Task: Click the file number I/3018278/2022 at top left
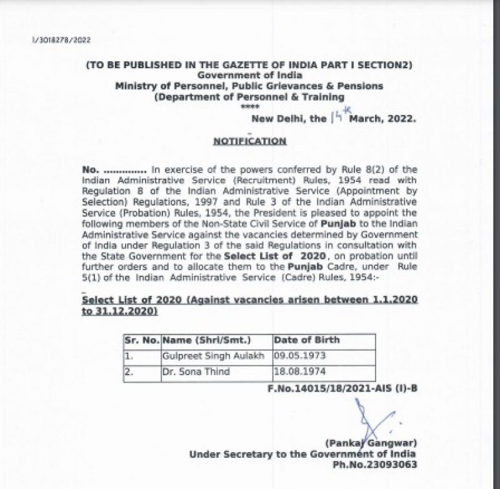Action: [x=61, y=39]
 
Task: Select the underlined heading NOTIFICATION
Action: [x=249, y=141]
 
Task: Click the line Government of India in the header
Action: [x=249, y=76]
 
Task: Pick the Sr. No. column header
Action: [x=141, y=340]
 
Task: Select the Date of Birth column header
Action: [x=307, y=340]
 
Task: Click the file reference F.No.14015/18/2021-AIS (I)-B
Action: [x=342, y=388]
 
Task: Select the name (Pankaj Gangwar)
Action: [x=370, y=443]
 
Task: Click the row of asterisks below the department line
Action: [x=249, y=108]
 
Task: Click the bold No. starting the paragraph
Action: [x=91, y=169]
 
